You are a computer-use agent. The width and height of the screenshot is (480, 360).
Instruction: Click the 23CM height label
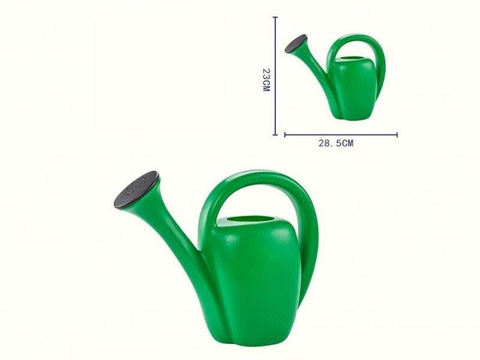[266, 79]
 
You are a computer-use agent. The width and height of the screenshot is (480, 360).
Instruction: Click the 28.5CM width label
[335, 143]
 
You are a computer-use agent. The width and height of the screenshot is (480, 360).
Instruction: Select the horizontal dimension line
[341, 134]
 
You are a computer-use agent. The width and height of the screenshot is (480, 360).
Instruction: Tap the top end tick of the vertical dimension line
[275, 17]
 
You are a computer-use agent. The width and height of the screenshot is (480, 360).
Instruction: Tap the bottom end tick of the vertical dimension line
[275, 134]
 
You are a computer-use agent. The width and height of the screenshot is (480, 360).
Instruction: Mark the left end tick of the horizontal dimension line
[285, 134]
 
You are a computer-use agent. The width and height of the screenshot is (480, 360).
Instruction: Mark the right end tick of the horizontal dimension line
[397, 134]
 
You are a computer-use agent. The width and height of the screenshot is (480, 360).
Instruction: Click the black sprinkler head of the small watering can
[296, 43]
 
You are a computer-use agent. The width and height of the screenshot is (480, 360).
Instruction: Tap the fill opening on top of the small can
[352, 59]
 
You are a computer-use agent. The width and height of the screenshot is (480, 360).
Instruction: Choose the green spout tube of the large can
[175, 234]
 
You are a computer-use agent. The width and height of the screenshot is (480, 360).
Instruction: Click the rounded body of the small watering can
[355, 90]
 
